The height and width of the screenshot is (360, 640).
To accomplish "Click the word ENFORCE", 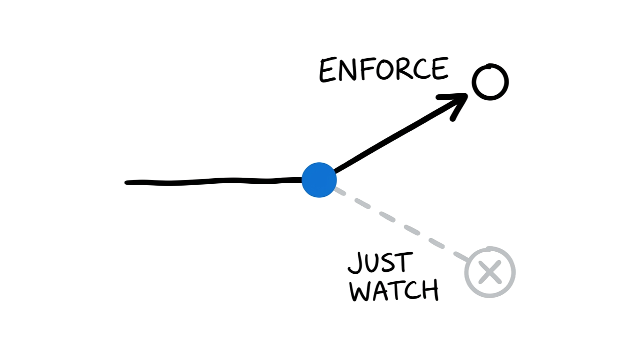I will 383,71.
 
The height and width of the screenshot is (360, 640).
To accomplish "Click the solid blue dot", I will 319,180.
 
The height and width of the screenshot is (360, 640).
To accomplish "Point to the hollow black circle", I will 490,82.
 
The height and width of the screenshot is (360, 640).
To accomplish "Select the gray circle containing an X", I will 490,272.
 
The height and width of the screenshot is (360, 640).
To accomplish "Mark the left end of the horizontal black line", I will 127,182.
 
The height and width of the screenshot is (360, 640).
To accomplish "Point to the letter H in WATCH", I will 430,291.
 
